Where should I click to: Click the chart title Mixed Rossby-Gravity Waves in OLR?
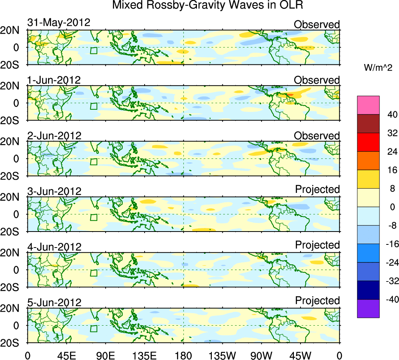(x=208, y=5)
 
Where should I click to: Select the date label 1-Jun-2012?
(x=54, y=80)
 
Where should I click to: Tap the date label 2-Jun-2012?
(x=54, y=136)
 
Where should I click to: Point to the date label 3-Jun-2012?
(x=54, y=191)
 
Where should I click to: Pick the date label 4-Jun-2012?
(x=54, y=247)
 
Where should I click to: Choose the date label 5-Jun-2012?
(x=54, y=303)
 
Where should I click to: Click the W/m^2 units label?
(x=378, y=68)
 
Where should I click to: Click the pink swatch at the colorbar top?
(x=368, y=105)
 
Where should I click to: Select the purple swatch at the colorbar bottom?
(x=368, y=308)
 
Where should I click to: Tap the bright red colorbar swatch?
(x=368, y=142)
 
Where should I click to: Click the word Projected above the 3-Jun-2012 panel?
(x=317, y=189)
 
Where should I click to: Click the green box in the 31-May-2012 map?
(x=93, y=50)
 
